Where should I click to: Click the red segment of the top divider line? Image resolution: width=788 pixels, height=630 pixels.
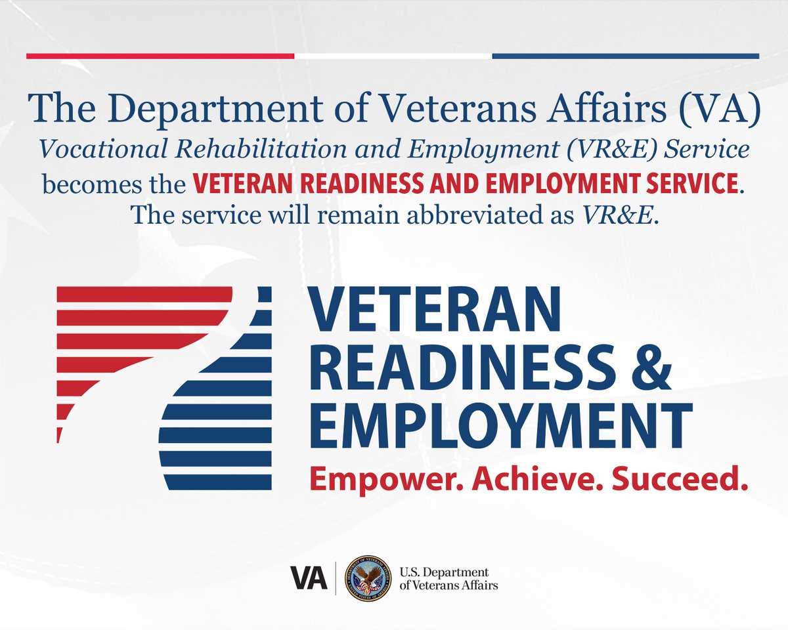coord(160,56)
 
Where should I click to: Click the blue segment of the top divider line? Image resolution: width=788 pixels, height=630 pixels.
coord(625,56)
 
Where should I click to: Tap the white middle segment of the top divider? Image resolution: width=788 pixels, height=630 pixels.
coord(393,56)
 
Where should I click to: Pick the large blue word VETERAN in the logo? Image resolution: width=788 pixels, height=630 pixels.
coord(434,309)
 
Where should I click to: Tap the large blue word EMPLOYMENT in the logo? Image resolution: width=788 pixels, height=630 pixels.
coord(501,426)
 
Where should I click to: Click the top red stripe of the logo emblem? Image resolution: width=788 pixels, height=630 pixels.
coord(144,294)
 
